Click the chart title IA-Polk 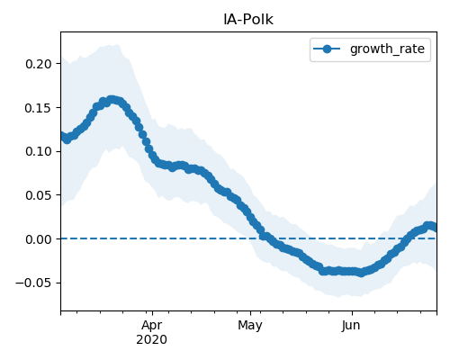pos(248,20)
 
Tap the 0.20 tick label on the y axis pos(39,64)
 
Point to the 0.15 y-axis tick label pos(39,108)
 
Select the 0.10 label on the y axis pos(39,151)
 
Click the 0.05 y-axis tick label pos(39,195)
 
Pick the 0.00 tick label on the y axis pos(39,239)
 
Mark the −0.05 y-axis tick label pos(33,283)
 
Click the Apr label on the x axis pos(152,326)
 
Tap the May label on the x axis pos(250,326)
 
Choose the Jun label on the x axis pos(351,326)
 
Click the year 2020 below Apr pos(152,340)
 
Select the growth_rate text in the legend pos(387,49)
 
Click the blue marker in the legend pos(327,49)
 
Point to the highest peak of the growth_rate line pos(112,100)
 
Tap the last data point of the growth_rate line pos(435,228)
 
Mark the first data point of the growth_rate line pos(62,136)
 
